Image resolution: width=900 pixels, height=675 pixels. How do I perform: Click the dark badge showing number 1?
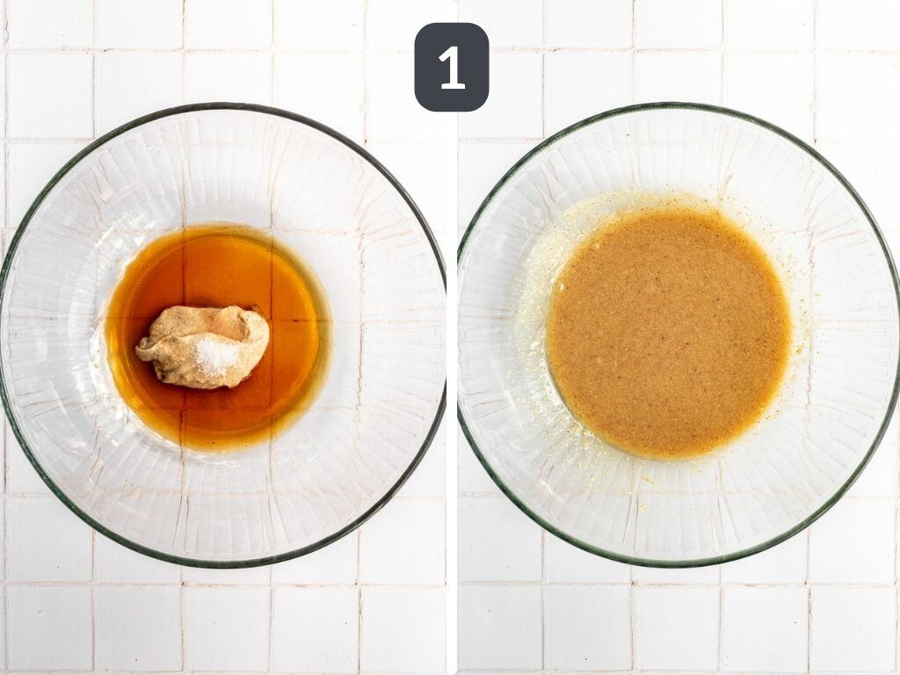452,67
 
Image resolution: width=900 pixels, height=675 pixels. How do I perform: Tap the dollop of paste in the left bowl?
204,346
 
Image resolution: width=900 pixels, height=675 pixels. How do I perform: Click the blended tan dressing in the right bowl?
669,334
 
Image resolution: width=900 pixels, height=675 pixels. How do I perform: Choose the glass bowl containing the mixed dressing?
679,335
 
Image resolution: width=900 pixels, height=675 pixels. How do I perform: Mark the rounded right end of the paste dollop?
265,336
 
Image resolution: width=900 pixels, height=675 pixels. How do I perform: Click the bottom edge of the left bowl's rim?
224,565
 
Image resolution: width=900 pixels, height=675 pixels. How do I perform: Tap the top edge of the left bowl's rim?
224,105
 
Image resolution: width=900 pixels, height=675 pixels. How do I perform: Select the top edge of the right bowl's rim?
679,105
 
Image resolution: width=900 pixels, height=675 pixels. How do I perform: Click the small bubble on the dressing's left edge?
560,287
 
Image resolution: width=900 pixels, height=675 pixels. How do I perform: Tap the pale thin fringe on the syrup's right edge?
326,338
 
